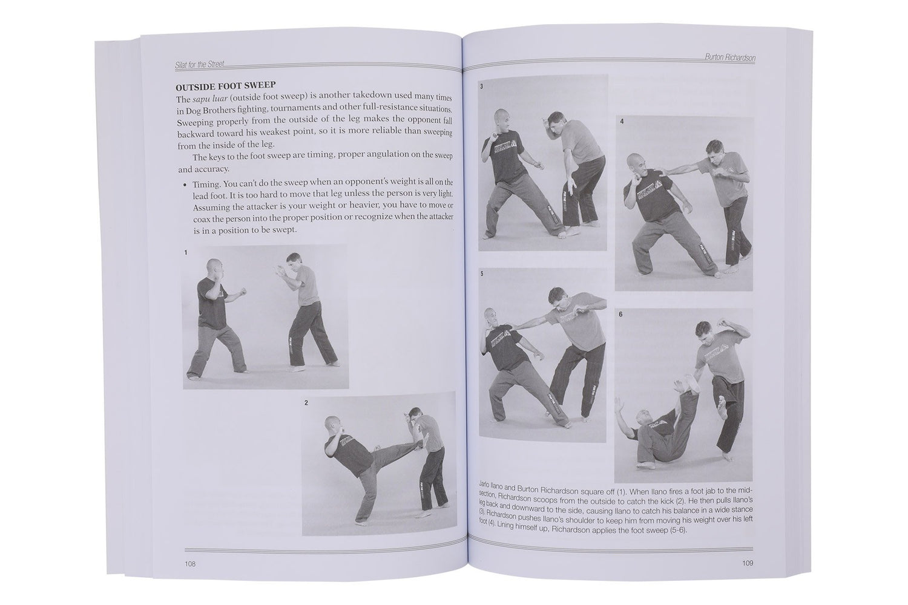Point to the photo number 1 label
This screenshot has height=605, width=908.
[186, 253]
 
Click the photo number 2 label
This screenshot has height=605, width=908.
[306, 402]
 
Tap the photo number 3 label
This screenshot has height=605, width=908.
[481, 87]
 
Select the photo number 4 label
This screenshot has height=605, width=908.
[621, 122]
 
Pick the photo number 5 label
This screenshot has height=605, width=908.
[482, 274]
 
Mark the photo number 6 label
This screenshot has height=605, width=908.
[620, 315]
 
